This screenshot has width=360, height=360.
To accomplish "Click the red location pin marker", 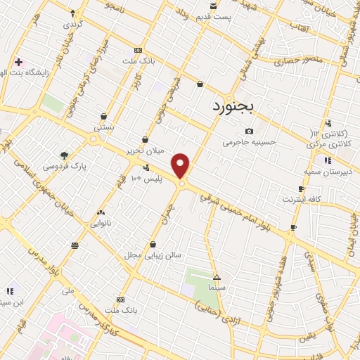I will click(x=181, y=165).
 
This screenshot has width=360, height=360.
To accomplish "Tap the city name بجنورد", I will click(x=236, y=105).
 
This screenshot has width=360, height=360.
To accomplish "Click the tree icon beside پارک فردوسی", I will click(x=64, y=155).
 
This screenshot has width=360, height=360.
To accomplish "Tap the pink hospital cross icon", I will click(x=18, y=62).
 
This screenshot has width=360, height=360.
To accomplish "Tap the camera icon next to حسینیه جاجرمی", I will click(x=249, y=131).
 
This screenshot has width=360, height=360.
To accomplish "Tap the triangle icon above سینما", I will click(x=217, y=276).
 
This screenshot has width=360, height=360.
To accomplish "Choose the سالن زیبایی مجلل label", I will click(x=153, y=255).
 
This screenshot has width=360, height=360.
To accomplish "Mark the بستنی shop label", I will click(x=104, y=129).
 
